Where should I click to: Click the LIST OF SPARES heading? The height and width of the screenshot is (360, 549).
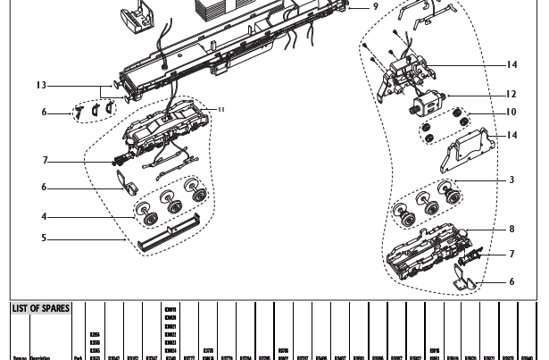pos(41,309)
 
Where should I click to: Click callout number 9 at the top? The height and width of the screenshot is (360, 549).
pos(375,6)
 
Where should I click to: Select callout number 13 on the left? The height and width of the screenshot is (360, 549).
pos(41,86)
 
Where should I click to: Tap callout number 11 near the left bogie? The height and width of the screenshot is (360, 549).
pos(220,109)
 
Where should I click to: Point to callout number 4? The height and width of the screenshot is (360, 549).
pos(44,216)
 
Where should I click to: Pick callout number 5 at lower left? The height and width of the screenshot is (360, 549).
pos(44,239)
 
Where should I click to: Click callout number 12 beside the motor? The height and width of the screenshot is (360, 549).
pos(511,94)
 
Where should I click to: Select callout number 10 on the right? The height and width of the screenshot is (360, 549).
pos(511,113)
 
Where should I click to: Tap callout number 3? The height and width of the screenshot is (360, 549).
pos(512,180)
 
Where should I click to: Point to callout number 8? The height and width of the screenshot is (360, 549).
pos(512,230)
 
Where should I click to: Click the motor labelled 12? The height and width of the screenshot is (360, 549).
pos(428,100)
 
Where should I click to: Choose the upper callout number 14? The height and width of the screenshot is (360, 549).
pos(512,64)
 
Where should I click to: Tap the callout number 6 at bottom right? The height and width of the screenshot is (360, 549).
pos(512,281)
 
